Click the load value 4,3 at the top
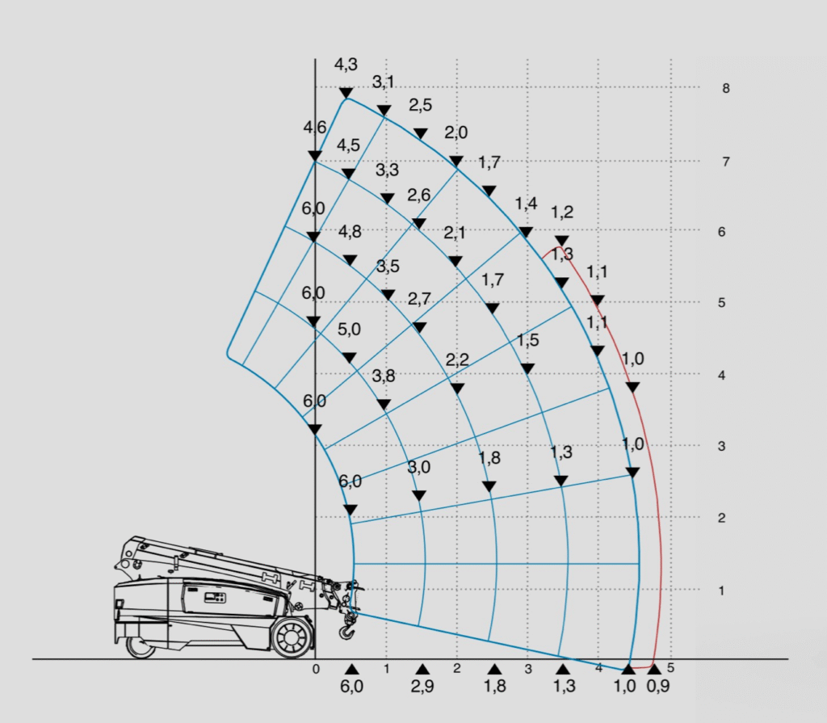coord(346,65)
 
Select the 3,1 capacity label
coord(384,82)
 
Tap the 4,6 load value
coord(315,127)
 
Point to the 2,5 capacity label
coord(420,105)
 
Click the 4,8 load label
coord(350,231)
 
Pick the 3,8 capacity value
coord(384,376)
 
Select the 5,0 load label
coord(349,330)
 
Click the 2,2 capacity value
coord(457,360)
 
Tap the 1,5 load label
coord(527,340)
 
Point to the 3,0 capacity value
coord(419,467)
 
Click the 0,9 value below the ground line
coord(657,686)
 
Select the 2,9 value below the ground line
coord(422,686)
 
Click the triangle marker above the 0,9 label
coord(654,669)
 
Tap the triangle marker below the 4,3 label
coord(346,94)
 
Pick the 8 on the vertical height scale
coord(726,89)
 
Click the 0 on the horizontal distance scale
coord(316,669)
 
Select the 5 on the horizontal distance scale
coord(670,668)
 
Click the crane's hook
coord(346,628)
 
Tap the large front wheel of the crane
coord(292,637)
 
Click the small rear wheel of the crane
coord(141,646)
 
